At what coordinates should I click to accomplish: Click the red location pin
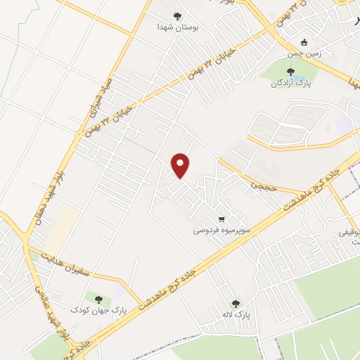(x=181, y=165)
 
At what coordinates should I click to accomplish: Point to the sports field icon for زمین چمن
(x=303, y=42)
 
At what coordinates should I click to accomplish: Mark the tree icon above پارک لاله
(x=236, y=303)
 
